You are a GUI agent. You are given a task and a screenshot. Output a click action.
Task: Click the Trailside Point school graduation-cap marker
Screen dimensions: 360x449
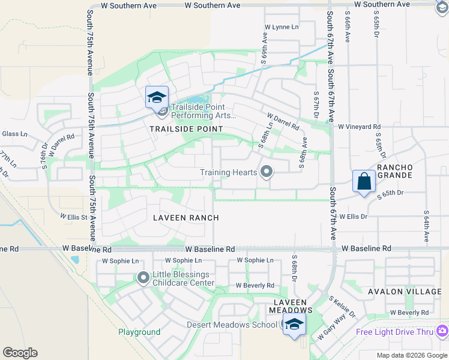(157, 97)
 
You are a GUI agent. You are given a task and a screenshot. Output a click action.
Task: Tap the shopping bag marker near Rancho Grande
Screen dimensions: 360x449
(364, 181)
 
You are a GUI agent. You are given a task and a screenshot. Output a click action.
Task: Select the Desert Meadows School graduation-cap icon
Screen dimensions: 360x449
(294, 325)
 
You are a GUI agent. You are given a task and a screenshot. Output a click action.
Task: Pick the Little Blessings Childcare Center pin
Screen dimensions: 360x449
(143, 278)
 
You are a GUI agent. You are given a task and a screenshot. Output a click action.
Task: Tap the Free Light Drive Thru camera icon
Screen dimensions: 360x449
(442, 331)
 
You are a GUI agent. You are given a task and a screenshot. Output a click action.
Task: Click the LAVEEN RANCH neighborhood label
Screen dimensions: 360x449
(185, 218)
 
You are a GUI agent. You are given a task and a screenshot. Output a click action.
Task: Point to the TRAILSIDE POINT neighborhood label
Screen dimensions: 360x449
(186, 129)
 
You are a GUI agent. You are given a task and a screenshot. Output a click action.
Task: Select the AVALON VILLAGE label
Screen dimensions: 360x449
(405, 292)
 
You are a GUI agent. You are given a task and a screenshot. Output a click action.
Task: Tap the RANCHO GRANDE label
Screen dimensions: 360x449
(394, 171)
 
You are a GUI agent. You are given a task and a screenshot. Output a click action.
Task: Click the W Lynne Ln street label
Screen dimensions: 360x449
(282, 27)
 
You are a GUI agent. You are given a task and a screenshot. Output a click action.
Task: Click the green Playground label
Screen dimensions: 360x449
(139, 332)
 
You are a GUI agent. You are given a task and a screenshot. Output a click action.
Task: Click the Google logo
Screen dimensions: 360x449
(20, 353)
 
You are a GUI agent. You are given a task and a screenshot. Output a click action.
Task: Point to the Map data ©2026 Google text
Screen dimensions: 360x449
(412, 355)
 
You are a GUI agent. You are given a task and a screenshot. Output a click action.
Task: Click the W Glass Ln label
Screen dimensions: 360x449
(13, 134)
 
